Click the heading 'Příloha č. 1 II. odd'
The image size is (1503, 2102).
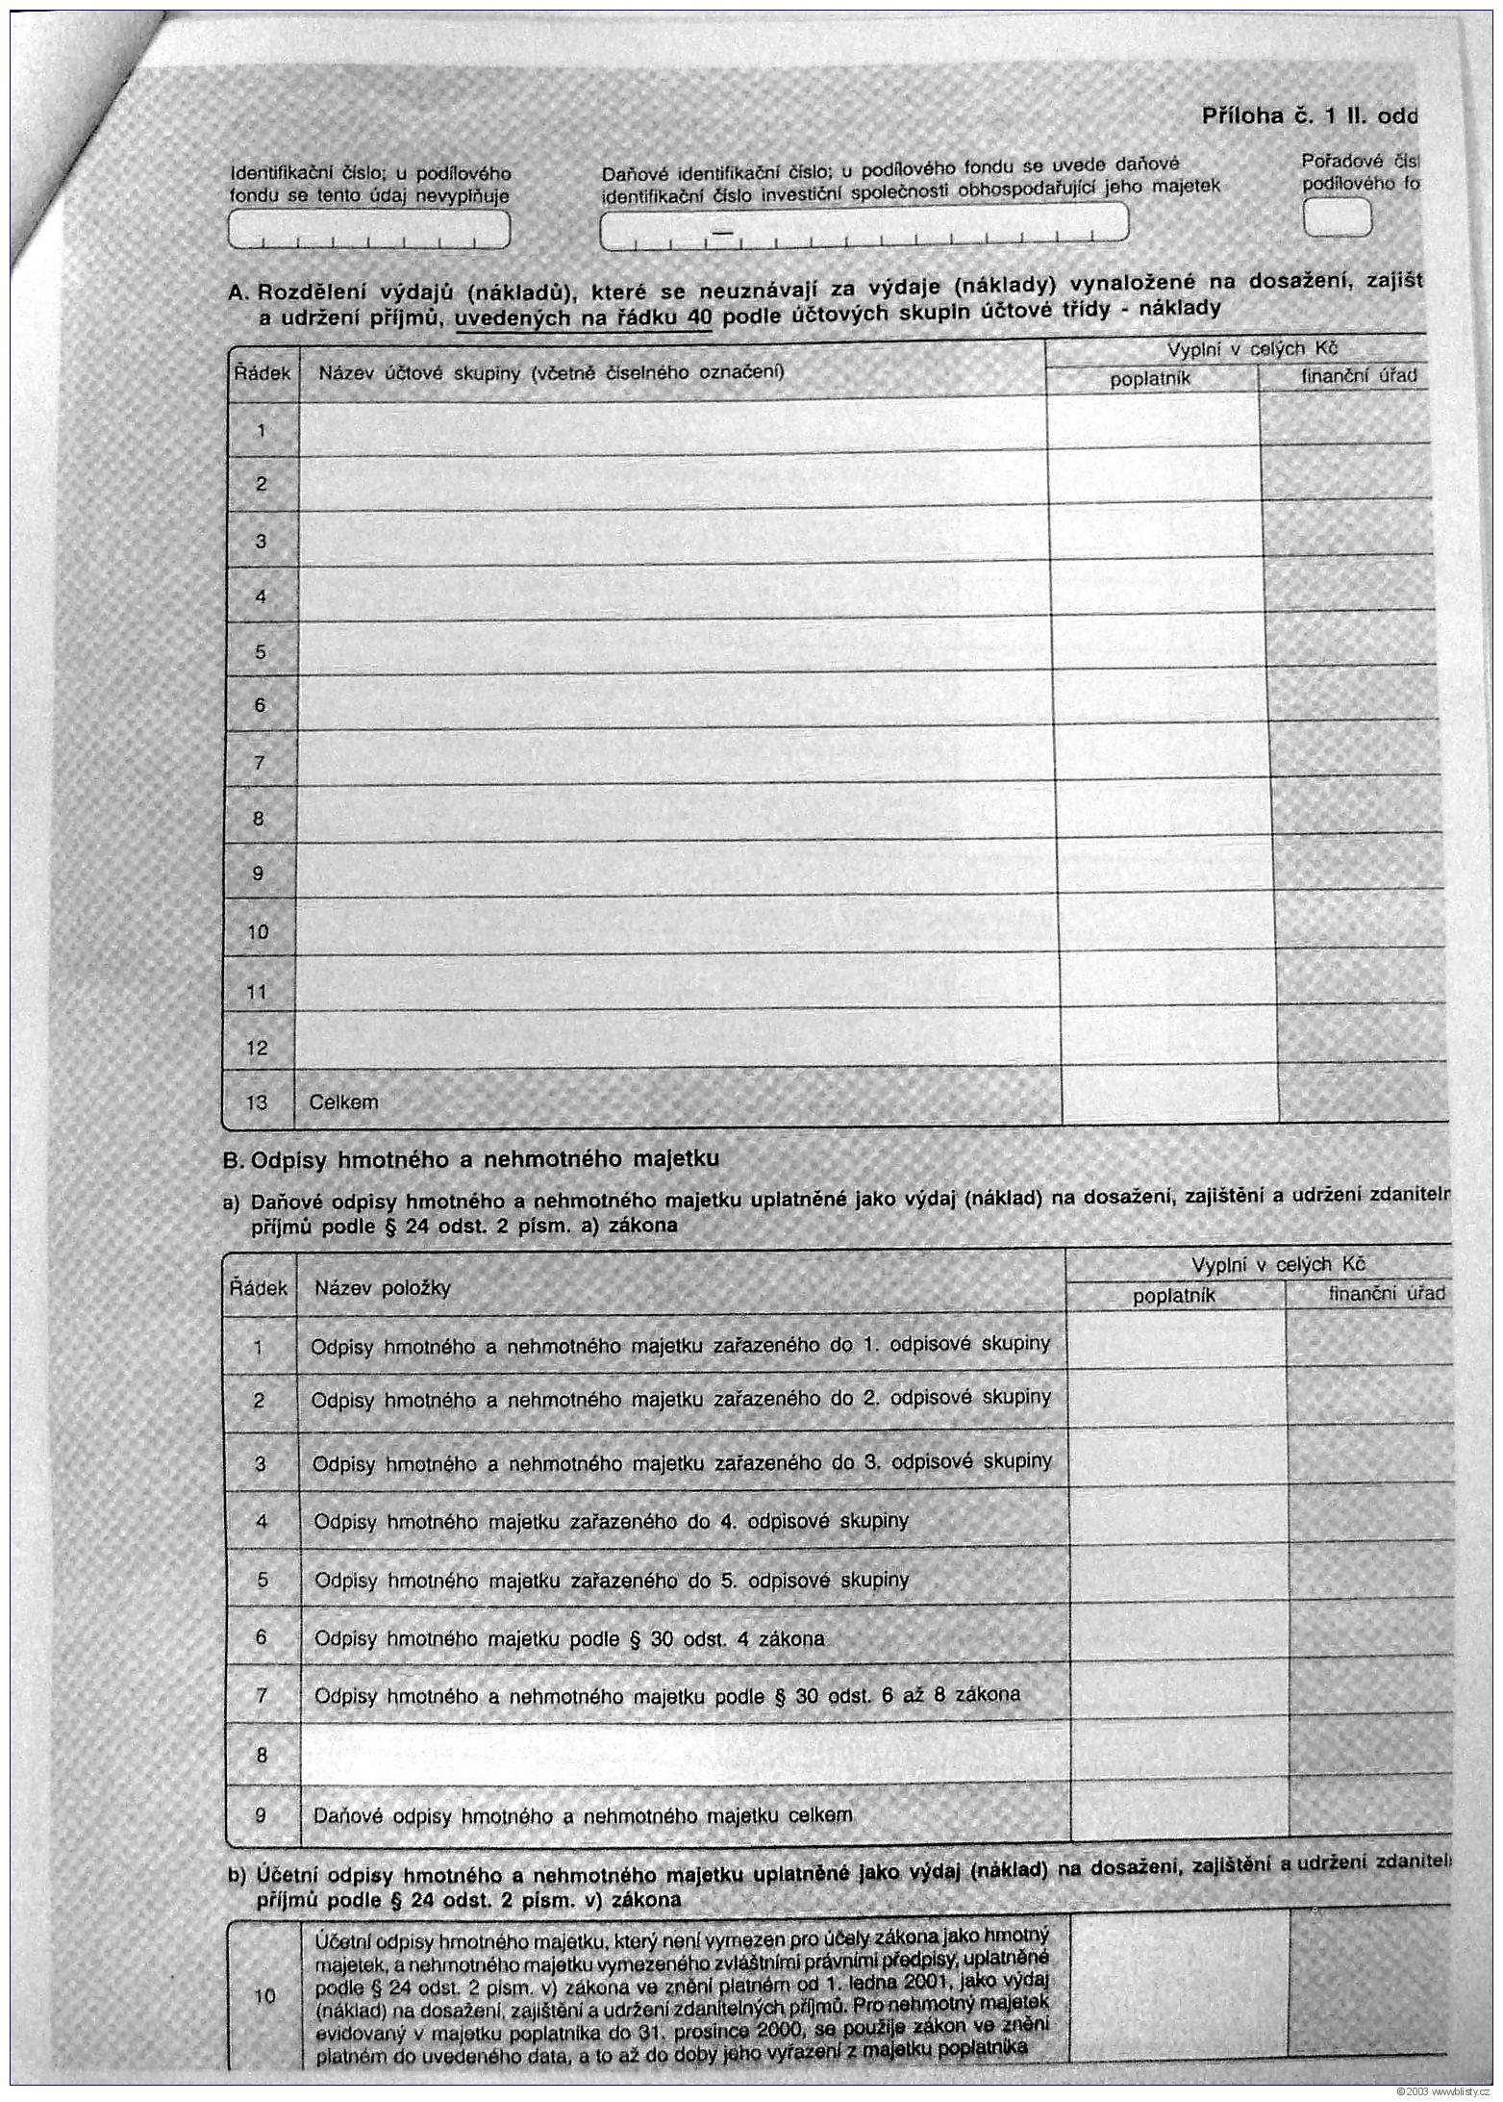pyautogui.click(x=1309, y=116)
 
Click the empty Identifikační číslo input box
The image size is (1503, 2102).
pyautogui.click(x=368, y=230)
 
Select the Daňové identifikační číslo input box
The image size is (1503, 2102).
pyautogui.click(x=863, y=225)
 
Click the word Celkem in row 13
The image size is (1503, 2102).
pyautogui.click(x=343, y=1102)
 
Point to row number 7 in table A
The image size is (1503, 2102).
pyautogui.click(x=259, y=763)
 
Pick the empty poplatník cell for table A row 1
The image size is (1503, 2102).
pyautogui.click(x=1152, y=420)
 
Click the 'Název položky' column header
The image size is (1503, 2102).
pyautogui.click(x=383, y=1288)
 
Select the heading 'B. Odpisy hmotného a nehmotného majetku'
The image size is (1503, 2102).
pyautogui.click(x=471, y=1159)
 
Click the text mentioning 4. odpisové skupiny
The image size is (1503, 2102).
pyautogui.click(x=611, y=1521)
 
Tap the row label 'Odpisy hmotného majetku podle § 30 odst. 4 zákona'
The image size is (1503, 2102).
pyautogui.click(x=569, y=1638)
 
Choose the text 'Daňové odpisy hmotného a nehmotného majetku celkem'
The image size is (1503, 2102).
pyautogui.click(x=583, y=1816)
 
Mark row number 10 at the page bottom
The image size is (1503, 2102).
pyautogui.click(x=264, y=1996)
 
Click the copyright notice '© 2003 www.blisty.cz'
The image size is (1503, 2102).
pyautogui.click(x=1442, y=2092)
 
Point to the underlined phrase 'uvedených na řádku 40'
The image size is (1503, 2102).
pyautogui.click(x=583, y=318)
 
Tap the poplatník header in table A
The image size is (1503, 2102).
pyautogui.click(x=1150, y=379)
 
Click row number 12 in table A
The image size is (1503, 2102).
pyautogui.click(x=257, y=1048)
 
